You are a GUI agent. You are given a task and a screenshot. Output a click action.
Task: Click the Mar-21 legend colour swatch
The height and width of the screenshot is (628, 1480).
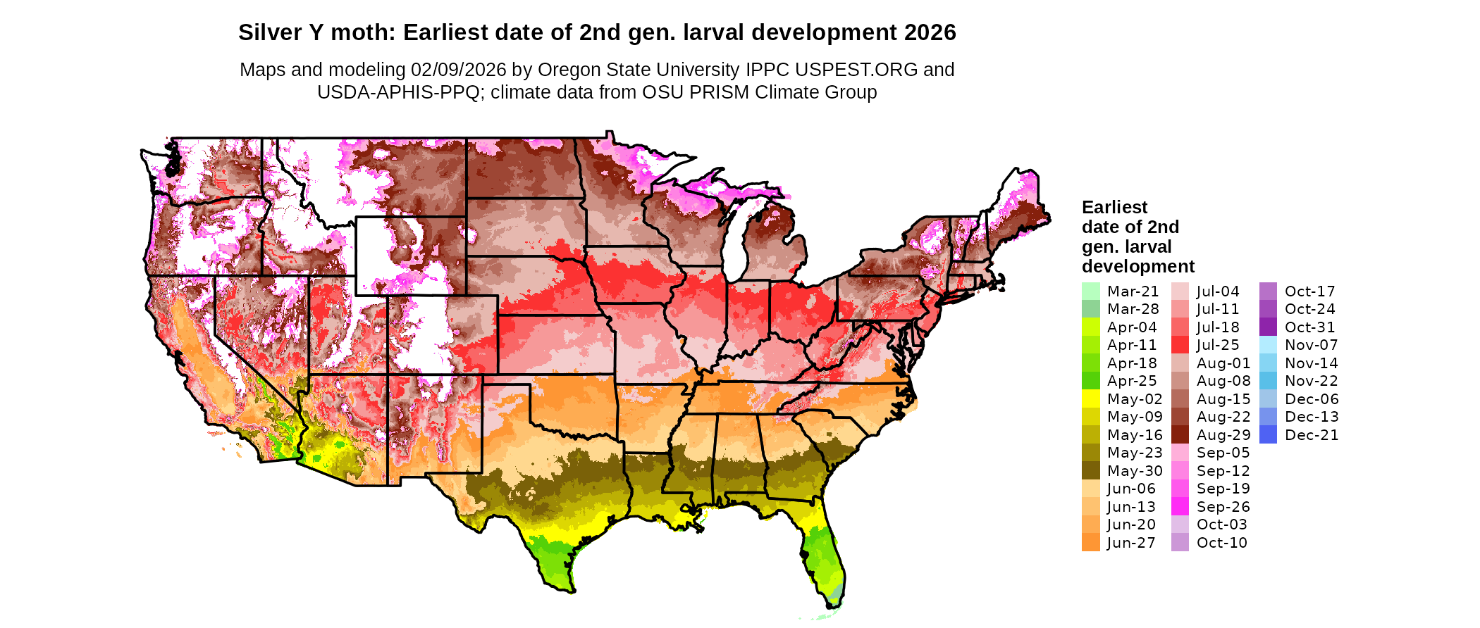point(1090,291)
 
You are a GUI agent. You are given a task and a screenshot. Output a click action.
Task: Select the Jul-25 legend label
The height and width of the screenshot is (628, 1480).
point(1218,345)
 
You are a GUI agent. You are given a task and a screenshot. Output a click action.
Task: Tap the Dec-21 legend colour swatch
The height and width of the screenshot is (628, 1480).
point(1268,435)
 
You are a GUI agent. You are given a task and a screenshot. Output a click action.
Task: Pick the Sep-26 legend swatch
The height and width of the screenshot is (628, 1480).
point(1180,507)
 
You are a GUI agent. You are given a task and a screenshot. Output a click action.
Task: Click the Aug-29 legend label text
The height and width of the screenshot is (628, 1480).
point(1223,435)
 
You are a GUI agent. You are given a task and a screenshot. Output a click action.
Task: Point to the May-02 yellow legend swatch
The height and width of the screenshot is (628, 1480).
point(1090,399)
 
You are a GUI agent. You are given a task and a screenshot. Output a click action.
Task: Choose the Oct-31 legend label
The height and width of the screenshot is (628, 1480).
point(1309,327)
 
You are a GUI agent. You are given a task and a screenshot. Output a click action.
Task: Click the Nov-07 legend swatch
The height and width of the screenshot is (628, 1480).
point(1268,345)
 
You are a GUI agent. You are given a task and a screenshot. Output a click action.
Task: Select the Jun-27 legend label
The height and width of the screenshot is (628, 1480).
point(1131,543)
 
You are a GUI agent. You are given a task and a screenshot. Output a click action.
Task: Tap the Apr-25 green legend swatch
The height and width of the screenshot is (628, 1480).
point(1090,381)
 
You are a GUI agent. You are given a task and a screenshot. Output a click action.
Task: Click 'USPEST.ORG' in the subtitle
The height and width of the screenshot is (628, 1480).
point(856,70)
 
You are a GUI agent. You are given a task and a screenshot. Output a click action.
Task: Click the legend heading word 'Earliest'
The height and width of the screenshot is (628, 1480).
point(1114,208)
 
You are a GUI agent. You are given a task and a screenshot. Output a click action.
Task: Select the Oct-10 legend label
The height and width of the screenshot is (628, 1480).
point(1221,543)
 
